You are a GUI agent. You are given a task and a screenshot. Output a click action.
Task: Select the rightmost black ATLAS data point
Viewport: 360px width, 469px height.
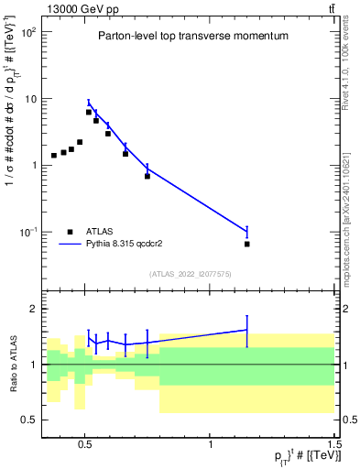pyautogui.click(x=247, y=245)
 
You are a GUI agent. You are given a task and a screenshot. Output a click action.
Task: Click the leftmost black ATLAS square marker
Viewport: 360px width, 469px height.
pyautogui.click(x=54, y=156)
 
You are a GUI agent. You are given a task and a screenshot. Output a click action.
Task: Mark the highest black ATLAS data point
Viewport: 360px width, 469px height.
pyautogui.click(x=89, y=112)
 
